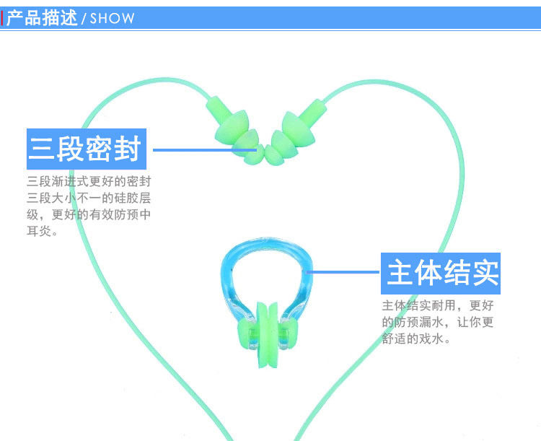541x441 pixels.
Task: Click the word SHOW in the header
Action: tap(112, 18)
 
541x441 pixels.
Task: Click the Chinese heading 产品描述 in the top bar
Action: tap(41, 17)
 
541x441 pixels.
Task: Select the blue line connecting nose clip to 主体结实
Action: tap(343, 272)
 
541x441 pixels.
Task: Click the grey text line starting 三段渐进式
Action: tap(89, 180)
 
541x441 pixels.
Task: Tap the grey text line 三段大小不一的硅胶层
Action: tap(89, 197)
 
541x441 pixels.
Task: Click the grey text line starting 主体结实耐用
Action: tap(438, 305)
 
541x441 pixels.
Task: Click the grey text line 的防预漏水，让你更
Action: tap(438, 321)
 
